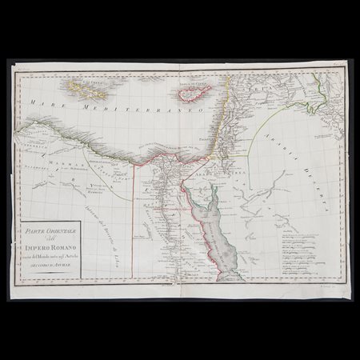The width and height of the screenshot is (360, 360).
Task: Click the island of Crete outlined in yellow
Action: pyautogui.click(x=86, y=83)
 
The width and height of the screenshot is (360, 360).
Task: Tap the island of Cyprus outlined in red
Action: pyautogui.click(x=189, y=94)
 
